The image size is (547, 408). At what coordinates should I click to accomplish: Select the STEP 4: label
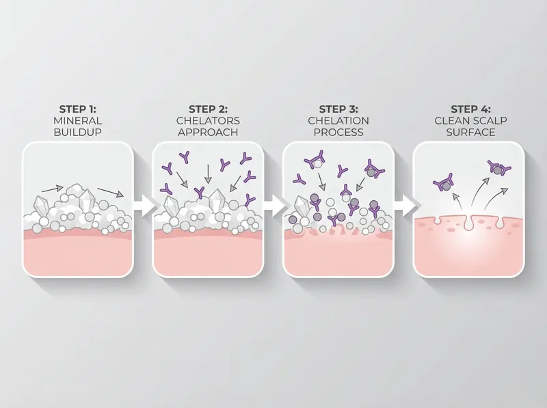(470, 109)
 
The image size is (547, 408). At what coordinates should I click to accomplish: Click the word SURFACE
(470, 131)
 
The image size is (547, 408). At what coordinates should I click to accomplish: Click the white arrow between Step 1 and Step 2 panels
(142, 204)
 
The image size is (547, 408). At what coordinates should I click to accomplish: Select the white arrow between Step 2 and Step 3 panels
(273, 204)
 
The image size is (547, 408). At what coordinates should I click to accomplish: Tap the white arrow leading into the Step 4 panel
(404, 204)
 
